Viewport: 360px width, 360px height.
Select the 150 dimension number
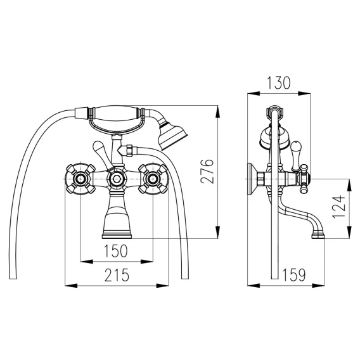coord(116,250)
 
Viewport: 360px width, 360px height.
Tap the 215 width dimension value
coord(117,275)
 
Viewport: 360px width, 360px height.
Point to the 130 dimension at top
coord(278,83)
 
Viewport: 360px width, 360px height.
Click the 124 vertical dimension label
coord(338,207)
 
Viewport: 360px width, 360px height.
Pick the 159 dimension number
coord(294,275)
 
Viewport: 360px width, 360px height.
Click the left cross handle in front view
coord(80,178)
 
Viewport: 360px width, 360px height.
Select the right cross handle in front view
coord(153,178)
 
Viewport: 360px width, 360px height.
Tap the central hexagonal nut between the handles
coord(117,178)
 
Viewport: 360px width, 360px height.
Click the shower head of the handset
coord(172,135)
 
